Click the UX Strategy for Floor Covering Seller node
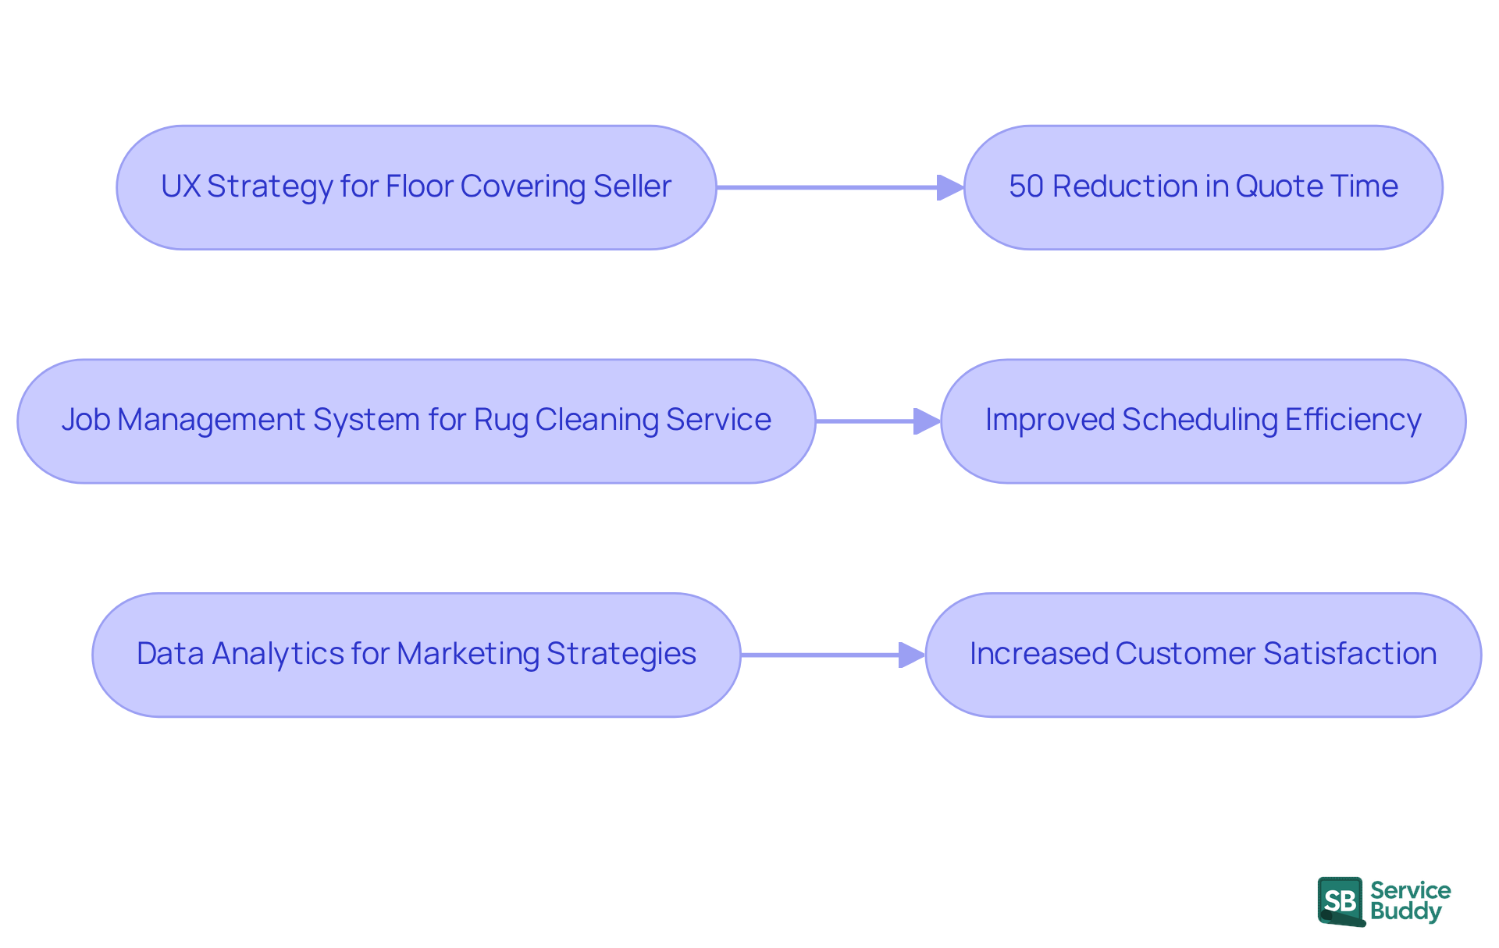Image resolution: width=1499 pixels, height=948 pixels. click(416, 187)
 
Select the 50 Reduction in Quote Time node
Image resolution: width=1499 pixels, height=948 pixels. click(1203, 187)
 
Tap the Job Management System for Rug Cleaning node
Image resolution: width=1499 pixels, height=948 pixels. click(416, 421)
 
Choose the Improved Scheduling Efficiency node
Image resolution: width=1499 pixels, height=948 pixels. click(1203, 421)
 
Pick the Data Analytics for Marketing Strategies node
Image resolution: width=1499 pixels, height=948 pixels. click(416, 654)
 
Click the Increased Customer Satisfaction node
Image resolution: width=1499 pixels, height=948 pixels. click(1203, 654)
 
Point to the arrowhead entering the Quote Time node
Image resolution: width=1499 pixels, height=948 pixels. click(950, 187)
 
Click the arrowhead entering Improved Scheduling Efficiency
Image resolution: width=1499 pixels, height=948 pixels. click(927, 421)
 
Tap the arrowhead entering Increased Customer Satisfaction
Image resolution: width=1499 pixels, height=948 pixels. click(911, 655)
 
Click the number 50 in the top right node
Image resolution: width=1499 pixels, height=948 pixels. click(1026, 186)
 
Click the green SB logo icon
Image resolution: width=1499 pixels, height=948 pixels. click(1341, 901)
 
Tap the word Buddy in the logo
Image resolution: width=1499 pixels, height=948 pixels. click(1405, 911)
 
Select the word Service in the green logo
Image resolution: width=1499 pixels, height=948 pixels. click(1410, 890)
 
